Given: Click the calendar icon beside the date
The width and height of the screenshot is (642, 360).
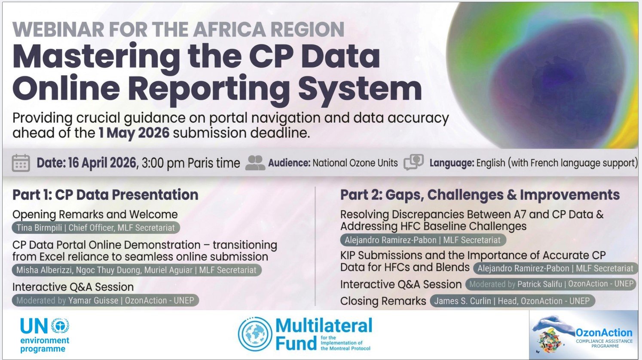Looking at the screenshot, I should pos(21,163).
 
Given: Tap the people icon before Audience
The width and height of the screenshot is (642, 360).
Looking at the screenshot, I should pos(255,163).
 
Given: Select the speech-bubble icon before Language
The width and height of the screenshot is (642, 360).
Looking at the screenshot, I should pos(414,162).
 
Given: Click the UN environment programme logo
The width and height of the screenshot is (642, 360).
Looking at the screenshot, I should pos(45,335).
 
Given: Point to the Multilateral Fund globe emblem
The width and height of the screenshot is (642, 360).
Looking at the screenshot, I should pos(255,335).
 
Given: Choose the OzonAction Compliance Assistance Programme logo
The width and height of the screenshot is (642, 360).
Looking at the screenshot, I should pos(583,335).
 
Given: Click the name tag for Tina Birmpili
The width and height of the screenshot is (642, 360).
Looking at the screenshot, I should pos(95,228).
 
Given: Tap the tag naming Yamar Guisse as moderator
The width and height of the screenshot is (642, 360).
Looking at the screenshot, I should pos(105,300).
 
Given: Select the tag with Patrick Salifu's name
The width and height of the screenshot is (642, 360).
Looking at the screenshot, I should pos(551,284).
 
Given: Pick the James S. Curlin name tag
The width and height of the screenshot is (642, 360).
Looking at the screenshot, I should pos(512,301).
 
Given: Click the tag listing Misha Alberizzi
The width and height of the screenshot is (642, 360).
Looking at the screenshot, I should pos(136,270).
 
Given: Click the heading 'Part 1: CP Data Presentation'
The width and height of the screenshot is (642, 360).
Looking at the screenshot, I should pos(105,195).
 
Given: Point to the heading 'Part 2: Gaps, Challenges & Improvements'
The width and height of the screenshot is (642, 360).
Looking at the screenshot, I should pos(480,195).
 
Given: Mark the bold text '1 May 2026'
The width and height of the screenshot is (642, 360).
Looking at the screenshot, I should pos(134,133).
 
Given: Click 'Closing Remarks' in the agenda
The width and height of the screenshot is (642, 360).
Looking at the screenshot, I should pos(383,301).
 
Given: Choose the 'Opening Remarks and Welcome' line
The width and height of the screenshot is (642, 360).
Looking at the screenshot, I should pos(95,214).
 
